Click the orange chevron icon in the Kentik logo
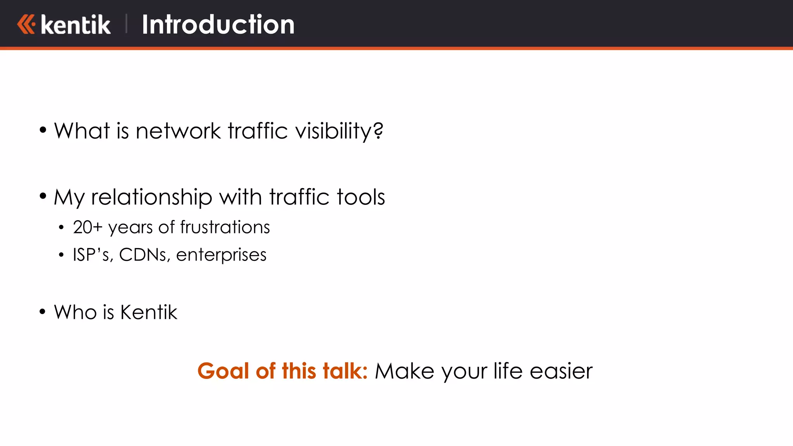(x=26, y=24)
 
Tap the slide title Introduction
(x=218, y=24)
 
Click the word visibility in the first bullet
(x=339, y=131)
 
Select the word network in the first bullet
(x=178, y=131)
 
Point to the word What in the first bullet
(x=82, y=131)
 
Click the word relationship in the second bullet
(x=151, y=197)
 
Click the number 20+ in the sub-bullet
(x=88, y=227)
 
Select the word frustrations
(x=225, y=227)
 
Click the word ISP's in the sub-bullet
(x=93, y=255)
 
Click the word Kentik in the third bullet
(x=149, y=312)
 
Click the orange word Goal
(x=223, y=371)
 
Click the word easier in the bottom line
(x=561, y=371)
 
